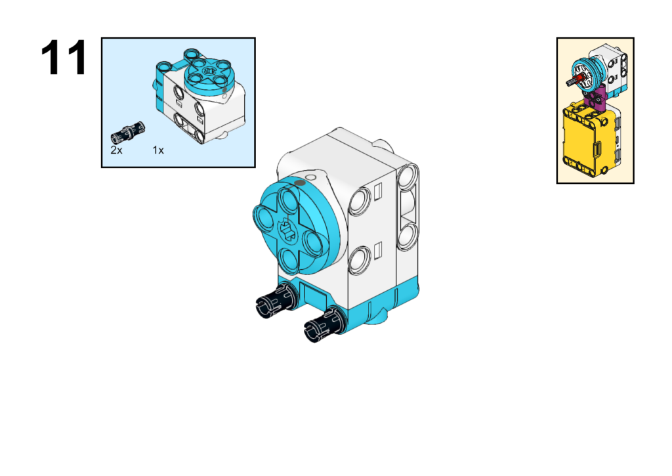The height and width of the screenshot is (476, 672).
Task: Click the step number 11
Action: (x=64, y=58)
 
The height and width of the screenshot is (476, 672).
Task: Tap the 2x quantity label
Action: (x=116, y=150)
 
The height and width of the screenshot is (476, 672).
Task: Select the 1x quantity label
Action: (x=158, y=150)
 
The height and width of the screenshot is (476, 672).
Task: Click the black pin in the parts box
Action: (x=128, y=132)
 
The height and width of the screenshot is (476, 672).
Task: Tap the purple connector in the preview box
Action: (x=595, y=98)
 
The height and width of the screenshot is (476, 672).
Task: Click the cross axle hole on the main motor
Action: (x=287, y=229)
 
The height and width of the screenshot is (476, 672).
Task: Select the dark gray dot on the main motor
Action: (x=300, y=183)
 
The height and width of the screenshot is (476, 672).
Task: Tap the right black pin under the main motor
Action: (x=324, y=324)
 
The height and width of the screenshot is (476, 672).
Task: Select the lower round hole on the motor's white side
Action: (x=359, y=260)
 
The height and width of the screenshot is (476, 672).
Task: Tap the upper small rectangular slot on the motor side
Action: (x=378, y=192)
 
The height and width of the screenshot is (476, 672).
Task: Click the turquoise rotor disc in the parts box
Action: (x=207, y=76)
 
